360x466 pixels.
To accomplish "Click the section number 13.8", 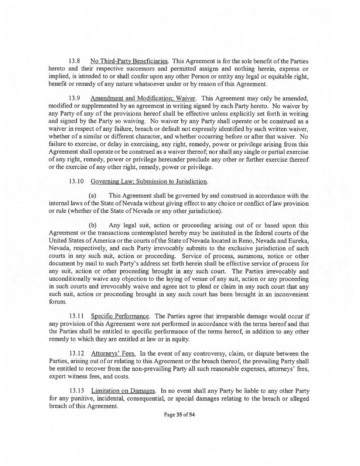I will coord(74,61).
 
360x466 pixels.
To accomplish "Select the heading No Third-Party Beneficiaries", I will coord(129,61).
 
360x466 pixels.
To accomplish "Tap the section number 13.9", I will coord(74,98).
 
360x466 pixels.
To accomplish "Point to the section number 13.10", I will coord(76,181).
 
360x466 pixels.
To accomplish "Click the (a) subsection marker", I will coord(92,196).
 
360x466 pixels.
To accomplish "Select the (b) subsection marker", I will coord(92,225).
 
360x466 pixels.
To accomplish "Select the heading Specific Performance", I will coord(120,316).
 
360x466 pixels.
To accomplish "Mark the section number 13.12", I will coord(76,354).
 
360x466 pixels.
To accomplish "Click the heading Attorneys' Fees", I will coord(113,354).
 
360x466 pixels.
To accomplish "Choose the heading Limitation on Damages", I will coord(123,391).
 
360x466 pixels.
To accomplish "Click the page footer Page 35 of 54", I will coord(179,415).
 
